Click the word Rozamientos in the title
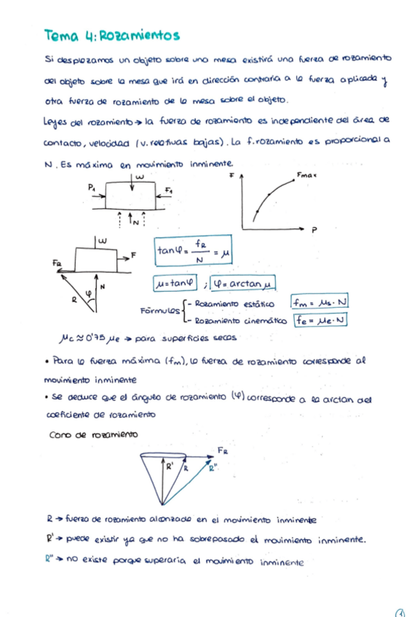138,35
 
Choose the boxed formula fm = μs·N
319,301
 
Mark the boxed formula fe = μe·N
320,320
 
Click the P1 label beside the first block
92,187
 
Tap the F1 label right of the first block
169,191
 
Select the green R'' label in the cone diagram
213,469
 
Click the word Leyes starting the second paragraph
56,119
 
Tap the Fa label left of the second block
57,261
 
